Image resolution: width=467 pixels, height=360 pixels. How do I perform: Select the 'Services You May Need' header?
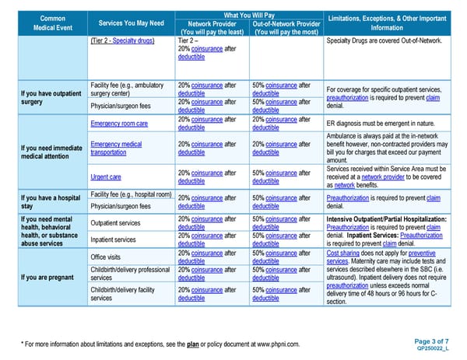click(130, 23)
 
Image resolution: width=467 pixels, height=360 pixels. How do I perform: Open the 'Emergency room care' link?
click(119, 124)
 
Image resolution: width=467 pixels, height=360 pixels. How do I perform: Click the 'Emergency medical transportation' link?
click(116, 149)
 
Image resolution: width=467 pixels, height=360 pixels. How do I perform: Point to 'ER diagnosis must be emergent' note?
click(379, 124)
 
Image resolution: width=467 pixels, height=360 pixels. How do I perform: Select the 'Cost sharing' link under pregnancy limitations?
click(343, 253)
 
